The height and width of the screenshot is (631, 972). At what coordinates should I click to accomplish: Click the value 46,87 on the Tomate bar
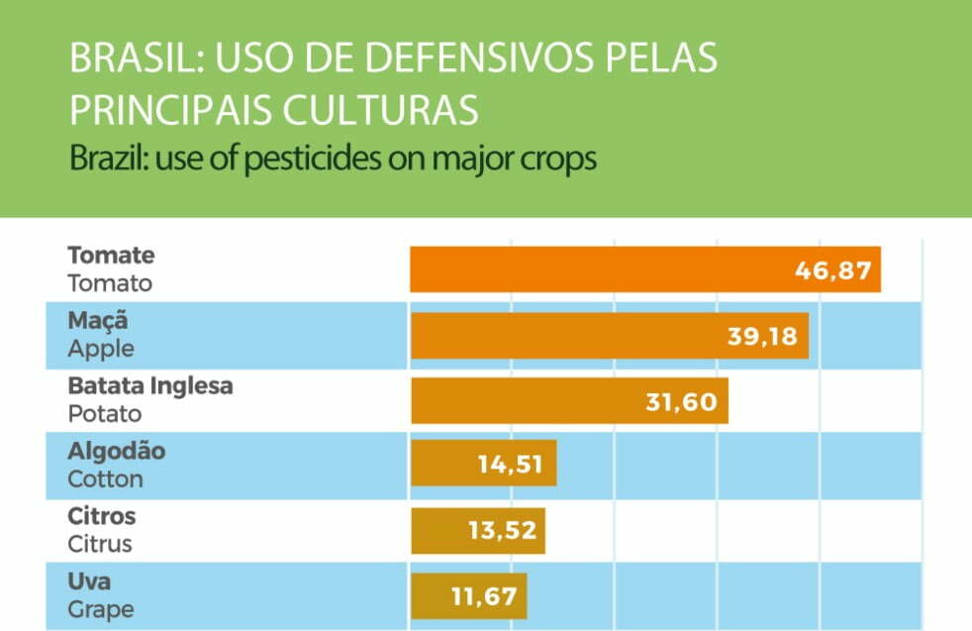pyautogui.click(x=833, y=270)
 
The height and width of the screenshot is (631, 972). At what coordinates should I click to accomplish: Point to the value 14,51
pyautogui.click(x=510, y=465)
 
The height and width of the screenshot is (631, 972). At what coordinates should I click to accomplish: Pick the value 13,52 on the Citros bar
pyautogui.click(x=502, y=530)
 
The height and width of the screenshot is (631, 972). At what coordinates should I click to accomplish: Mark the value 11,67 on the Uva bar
pyautogui.click(x=483, y=596)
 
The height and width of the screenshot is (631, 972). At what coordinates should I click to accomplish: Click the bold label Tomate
pyautogui.click(x=111, y=256)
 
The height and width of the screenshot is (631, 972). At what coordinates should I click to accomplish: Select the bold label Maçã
pyautogui.click(x=98, y=321)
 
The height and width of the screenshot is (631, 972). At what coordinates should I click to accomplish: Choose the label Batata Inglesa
pyautogui.click(x=150, y=386)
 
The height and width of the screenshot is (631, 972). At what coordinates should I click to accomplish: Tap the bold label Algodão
pyautogui.click(x=116, y=452)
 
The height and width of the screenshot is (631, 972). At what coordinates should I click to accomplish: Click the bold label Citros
pyautogui.click(x=102, y=516)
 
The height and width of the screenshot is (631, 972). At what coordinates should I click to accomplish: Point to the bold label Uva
pyautogui.click(x=89, y=581)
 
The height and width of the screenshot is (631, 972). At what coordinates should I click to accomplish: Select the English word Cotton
pyautogui.click(x=105, y=479)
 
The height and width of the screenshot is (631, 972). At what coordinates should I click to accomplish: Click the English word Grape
pyautogui.click(x=100, y=609)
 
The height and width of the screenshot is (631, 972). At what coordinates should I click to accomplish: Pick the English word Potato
pyautogui.click(x=104, y=414)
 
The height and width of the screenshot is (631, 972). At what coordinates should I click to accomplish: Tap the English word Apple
pyautogui.click(x=100, y=349)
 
